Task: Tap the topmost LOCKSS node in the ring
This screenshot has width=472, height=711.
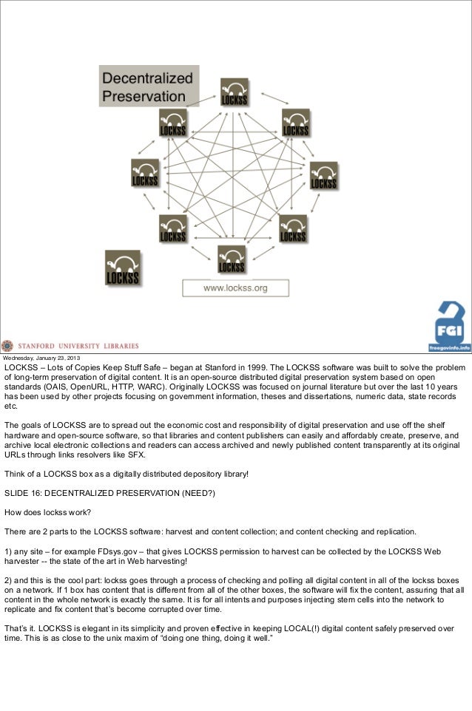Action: [x=234, y=91]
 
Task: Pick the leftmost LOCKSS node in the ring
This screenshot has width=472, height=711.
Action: [x=144, y=173]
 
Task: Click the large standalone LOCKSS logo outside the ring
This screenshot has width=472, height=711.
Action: [x=122, y=268]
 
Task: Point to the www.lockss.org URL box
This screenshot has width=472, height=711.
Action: [x=235, y=288]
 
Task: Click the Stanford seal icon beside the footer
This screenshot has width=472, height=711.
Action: [x=7, y=345]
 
